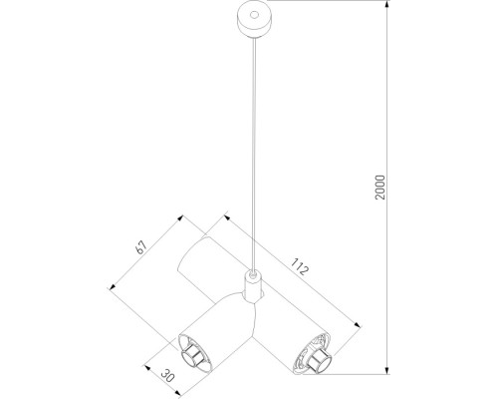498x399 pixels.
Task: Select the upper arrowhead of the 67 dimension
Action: (181, 213)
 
